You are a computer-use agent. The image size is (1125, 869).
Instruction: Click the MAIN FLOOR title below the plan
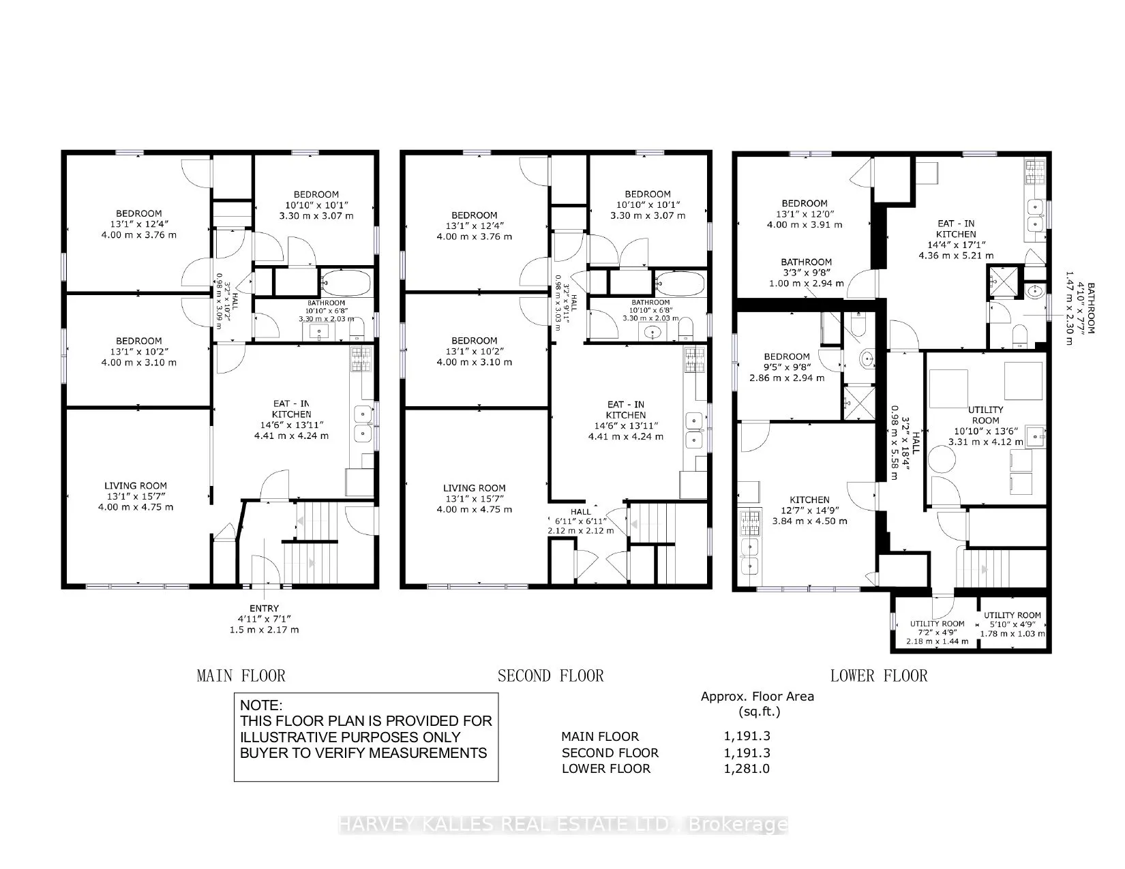point(241,676)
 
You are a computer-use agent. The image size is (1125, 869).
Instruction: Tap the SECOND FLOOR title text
point(550,676)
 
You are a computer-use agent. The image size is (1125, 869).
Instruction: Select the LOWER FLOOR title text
point(879,676)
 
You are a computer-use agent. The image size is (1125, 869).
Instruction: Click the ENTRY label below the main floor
point(264,609)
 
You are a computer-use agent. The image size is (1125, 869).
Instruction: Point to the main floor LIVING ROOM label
point(136,486)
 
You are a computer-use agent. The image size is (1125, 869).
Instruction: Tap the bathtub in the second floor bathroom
point(680,284)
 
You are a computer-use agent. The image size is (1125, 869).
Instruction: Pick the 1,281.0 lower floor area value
point(747,769)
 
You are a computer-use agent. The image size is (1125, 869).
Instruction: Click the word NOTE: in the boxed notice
point(261,705)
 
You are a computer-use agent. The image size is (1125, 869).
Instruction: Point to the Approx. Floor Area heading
point(757,697)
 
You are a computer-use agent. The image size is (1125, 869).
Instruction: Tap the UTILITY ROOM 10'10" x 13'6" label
point(985,426)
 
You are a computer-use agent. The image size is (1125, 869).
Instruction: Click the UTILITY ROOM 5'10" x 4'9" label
point(1012,624)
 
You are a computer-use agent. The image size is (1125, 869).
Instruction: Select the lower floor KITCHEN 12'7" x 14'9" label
point(810,510)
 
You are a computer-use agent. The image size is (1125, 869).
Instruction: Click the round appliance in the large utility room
point(942,459)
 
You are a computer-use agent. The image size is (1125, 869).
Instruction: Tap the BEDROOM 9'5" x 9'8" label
point(787,367)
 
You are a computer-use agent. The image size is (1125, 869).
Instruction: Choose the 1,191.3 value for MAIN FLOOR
point(747,736)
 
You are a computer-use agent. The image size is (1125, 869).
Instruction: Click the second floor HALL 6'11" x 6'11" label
point(581,521)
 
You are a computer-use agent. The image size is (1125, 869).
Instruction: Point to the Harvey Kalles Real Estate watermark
point(562,824)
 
